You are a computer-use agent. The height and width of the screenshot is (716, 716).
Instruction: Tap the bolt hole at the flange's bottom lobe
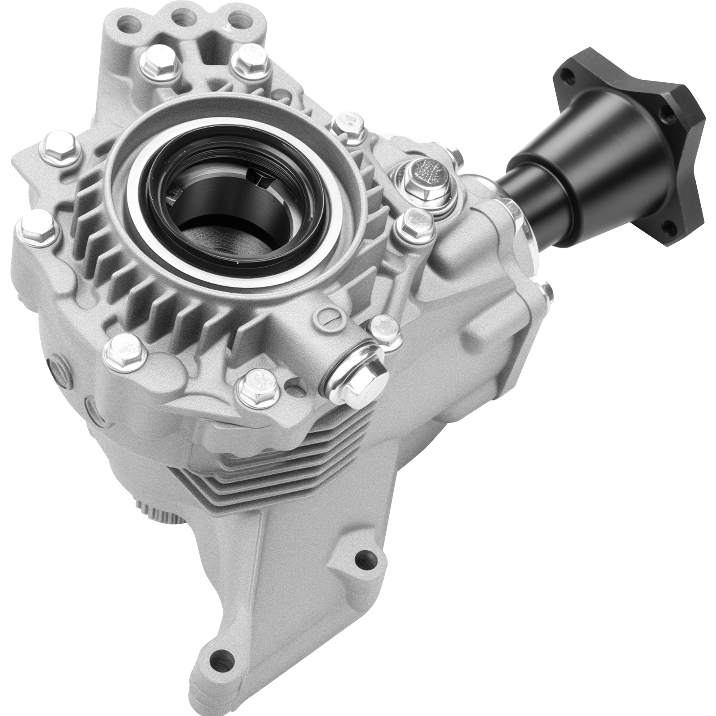(669, 229)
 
